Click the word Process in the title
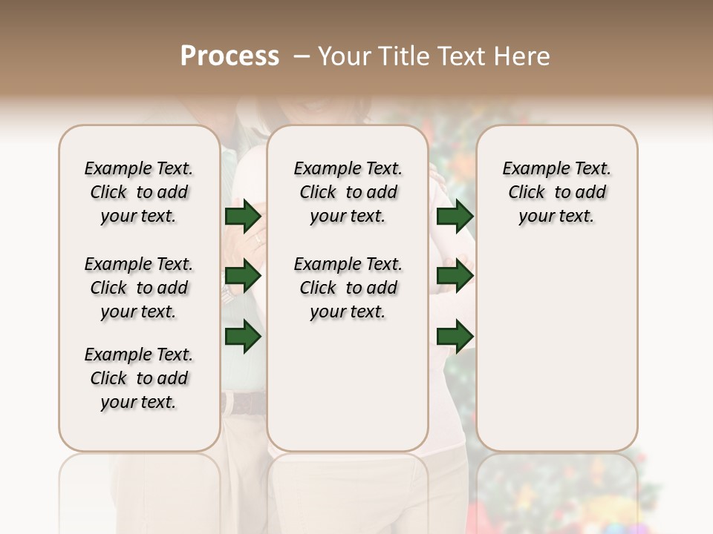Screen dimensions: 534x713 pyautogui.click(x=229, y=56)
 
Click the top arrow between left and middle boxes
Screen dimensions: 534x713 pyautogui.click(x=243, y=217)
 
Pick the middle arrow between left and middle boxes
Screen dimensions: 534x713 pyautogui.click(x=243, y=277)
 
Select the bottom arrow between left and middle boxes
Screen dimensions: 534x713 pyautogui.click(x=243, y=337)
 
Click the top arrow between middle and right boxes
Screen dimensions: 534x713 pyautogui.click(x=455, y=217)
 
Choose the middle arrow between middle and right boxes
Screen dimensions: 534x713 pyautogui.click(x=455, y=276)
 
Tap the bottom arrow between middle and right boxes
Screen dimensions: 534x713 pyautogui.click(x=455, y=337)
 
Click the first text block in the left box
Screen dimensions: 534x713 pyautogui.click(x=138, y=192)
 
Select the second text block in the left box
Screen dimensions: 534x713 pyautogui.click(x=138, y=288)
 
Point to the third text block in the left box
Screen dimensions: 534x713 pyautogui.click(x=138, y=378)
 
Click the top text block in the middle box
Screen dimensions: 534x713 pyautogui.click(x=348, y=192)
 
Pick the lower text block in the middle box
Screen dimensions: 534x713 pyautogui.click(x=348, y=288)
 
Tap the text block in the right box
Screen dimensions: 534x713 pyautogui.click(x=556, y=192)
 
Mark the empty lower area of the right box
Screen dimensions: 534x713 pyautogui.click(x=556, y=341)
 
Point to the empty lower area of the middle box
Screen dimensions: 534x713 pyautogui.click(x=348, y=386)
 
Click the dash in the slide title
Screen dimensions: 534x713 pyautogui.click(x=301, y=56)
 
